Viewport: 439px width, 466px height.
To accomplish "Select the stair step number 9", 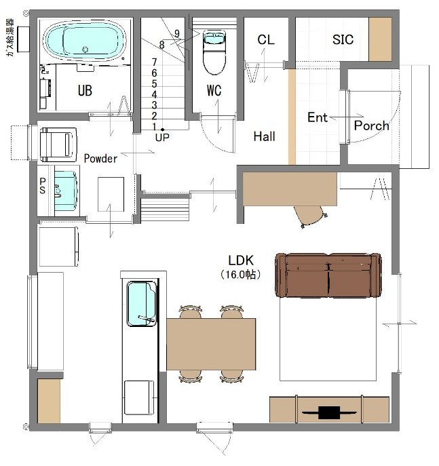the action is click(177, 34).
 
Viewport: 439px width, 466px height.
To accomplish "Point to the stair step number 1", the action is click(154, 127).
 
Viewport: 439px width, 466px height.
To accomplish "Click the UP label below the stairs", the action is click(162, 137).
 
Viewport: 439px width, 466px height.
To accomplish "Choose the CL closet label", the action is click(266, 40).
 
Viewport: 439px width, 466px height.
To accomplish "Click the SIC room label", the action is click(343, 39).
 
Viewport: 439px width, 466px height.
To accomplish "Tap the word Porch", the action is click(372, 125).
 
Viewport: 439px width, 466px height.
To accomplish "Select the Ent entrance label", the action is click(318, 117).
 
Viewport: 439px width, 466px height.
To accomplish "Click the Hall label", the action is click(264, 136).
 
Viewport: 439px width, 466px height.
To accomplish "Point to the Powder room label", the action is click(100, 159).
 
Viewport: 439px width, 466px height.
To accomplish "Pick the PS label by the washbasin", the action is click(43, 186).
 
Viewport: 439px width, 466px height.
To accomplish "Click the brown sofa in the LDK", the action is click(328, 275).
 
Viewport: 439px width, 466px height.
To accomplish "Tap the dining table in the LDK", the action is click(211, 344).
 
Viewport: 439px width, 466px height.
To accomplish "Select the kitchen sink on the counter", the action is click(142, 304).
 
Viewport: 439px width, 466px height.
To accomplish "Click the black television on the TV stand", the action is click(329, 413).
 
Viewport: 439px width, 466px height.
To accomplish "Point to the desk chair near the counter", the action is click(311, 216).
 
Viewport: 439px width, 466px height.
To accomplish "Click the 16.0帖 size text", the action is click(241, 274).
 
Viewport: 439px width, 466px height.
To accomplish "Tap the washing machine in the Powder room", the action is click(58, 144).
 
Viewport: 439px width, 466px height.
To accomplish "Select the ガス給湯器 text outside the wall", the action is click(9, 37).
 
